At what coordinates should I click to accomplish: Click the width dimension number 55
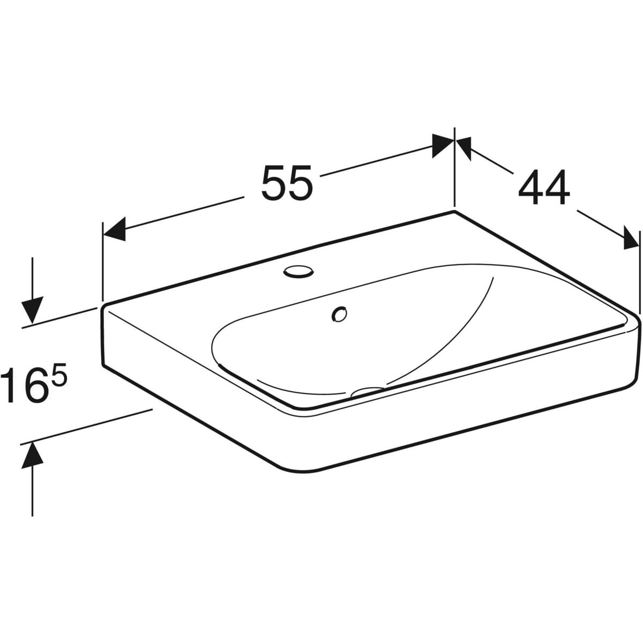(287, 183)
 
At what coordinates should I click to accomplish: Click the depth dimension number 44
(544, 187)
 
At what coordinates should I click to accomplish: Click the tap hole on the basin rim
(298, 271)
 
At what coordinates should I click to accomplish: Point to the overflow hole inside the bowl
(339, 314)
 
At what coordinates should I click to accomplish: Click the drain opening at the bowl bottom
(367, 391)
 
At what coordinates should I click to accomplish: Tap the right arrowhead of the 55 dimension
(443, 146)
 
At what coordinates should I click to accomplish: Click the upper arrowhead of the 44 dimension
(465, 147)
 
